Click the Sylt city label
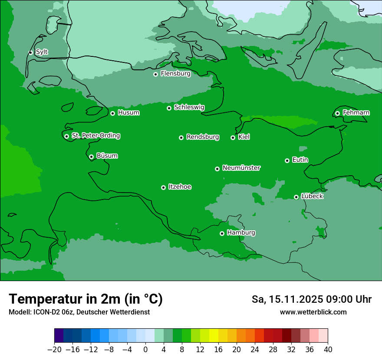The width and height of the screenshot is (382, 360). pyautogui.click(x=42, y=52)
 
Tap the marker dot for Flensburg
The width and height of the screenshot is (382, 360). pyautogui.click(x=155, y=74)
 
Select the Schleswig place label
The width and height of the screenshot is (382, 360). pyautogui.click(x=189, y=107)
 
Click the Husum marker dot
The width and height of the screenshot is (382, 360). pyautogui.click(x=112, y=113)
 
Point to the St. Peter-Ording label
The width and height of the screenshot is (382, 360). pyautogui.click(x=95, y=135)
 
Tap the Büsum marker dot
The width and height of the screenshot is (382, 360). pyautogui.click(x=91, y=157)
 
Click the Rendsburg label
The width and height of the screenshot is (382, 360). pyautogui.click(x=203, y=137)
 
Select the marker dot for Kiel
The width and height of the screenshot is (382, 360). pyautogui.click(x=233, y=137)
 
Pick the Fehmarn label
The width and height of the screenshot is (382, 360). pyautogui.click(x=356, y=113)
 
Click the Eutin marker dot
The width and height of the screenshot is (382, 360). pyautogui.click(x=287, y=160)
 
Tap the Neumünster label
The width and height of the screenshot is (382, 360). pyautogui.click(x=241, y=168)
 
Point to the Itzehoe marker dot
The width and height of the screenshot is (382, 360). pyautogui.click(x=163, y=187)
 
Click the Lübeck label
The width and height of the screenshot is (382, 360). pyautogui.click(x=312, y=196)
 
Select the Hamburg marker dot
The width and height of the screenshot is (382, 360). pyautogui.click(x=222, y=233)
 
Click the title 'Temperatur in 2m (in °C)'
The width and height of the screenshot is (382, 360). pyautogui.click(x=86, y=299)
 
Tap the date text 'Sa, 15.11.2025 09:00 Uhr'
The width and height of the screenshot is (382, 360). pyautogui.click(x=311, y=299)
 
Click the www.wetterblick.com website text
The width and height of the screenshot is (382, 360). pyautogui.click(x=313, y=312)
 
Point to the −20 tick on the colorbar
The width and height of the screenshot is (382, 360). pyautogui.click(x=55, y=349)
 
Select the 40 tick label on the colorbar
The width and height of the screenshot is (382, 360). pyautogui.click(x=328, y=349)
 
